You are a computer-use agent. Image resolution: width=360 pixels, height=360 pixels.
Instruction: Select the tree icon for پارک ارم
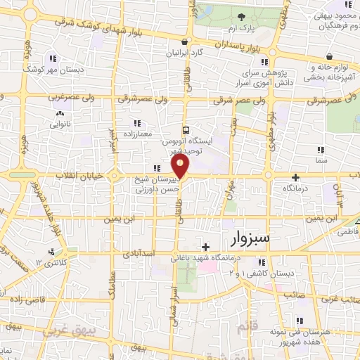coord(241,17)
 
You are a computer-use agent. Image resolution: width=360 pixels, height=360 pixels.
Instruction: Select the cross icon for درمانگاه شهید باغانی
coord(205,247)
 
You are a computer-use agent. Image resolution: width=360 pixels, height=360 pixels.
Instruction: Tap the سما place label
coord(322,161)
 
